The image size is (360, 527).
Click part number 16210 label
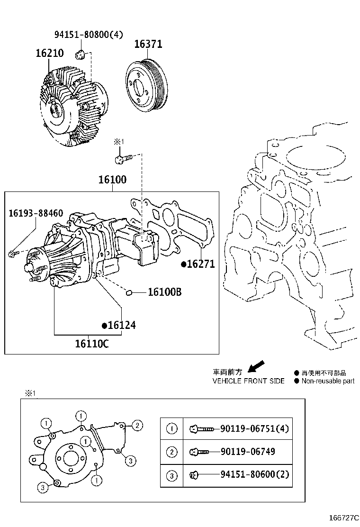(x=50, y=53)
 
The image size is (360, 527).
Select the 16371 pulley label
(x=148, y=44)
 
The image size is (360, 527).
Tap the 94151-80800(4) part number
(x=88, y=34)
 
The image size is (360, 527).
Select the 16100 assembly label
(x=112, y=180)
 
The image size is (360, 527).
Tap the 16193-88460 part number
(x=36, y=214)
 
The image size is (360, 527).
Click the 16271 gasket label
(x=201, y=264)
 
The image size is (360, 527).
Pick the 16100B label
(x=164, y=292)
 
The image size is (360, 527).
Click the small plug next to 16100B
(x=128, y=292)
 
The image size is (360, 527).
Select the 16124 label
(x=122, y=325)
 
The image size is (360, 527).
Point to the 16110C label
(x=91, y=344)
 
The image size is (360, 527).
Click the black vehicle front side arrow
(x=256, y=366)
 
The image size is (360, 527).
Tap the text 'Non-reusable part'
(x=327, y=381)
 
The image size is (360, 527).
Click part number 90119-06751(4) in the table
(x=254, y=429)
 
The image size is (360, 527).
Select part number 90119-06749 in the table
(x=248, y=452)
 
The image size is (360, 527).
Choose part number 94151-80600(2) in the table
(x=254, y=474)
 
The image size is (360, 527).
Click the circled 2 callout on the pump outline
(x=136, y=425)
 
